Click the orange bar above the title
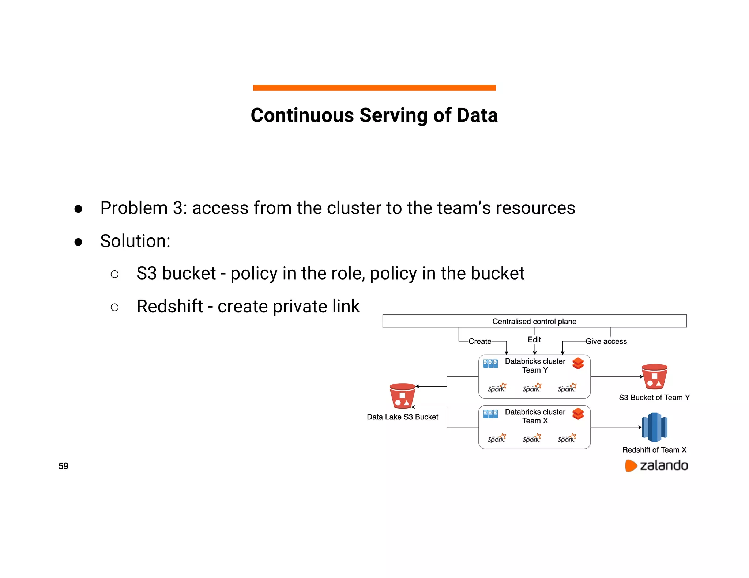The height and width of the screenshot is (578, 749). pyautogui.click(x=374, y=88)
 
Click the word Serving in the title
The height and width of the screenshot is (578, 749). pyautogui.click(x=394, y=115)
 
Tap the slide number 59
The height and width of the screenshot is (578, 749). pyautogui.click(x=63, y=466)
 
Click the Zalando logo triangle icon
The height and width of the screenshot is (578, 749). pyautogui.click(x=631, y=466)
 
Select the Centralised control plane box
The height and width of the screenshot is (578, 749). pyautogui.click(x=534, y=321)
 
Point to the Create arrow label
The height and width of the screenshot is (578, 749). pyautogui.click(x=480, y=341)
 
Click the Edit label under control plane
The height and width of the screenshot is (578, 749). pyautogui.click(x=534, y=339)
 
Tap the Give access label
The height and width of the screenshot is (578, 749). pyautogui.click(x=606, y=341)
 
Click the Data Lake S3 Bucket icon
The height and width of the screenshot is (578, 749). pyautogui.click(x=402, y=396)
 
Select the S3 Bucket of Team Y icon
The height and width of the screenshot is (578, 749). pyautogui.click(x=654, y=377)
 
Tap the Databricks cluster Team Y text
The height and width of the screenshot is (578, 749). pyautogui.click(x=535, y=365)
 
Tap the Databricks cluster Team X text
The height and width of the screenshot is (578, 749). pyautogui.click(x=535, y=416)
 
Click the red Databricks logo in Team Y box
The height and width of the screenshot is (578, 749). pyautogui.click(x=578, y=363)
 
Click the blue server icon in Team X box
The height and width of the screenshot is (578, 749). pyautogui.click(x=490, y=414)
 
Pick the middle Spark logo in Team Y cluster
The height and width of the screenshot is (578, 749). pyautogui.click(x=532, y=388)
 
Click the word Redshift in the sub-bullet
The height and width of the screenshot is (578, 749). pyautogui.click(x=170, y=306)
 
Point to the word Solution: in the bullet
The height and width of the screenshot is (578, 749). pyautogui.click(x=135, y=241)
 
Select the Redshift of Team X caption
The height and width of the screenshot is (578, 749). pyautogui.click(x=654, y=450)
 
